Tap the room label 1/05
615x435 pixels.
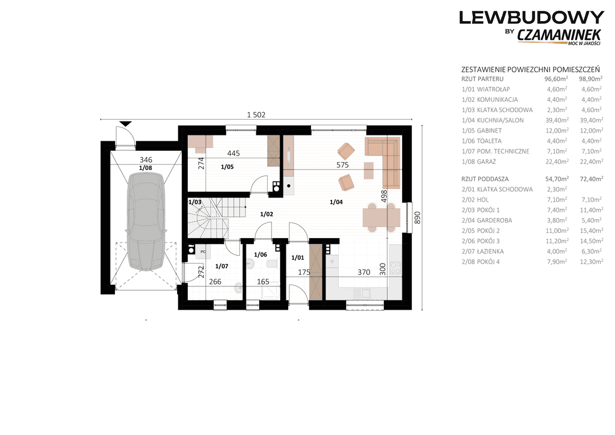(x=227, y=167)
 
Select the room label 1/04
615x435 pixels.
(x=336, y=202)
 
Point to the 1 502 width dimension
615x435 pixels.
(x=256, y=115)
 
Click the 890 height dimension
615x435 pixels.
(x=417, y=217)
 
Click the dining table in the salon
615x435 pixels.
(x=381, y=217)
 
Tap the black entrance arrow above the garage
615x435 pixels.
(x=125, y=124)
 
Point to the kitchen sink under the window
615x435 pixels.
(x=362, y=293)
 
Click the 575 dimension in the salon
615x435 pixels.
(x=342, y=165)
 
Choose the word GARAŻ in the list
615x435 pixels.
(x=486, y=162)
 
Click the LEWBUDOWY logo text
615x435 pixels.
(x=531, y=18)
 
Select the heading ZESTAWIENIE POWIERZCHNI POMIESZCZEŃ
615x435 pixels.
(x=531, y=69)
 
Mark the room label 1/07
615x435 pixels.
(x=222, y=266)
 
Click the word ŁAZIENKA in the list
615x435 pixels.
(x=490, y=252)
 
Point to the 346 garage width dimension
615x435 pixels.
(x=146, y=159)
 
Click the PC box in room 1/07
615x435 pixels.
(x=203, y=252)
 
